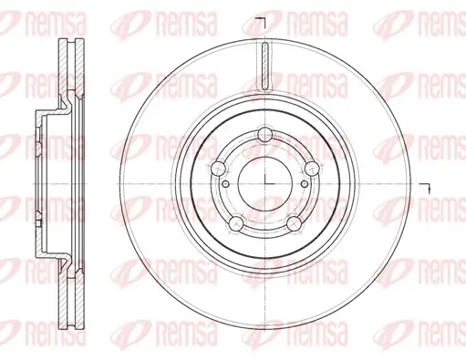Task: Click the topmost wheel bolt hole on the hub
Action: pos(265,135)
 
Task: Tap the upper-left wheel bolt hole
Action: pos(218,168)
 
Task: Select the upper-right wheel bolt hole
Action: pos(312,168)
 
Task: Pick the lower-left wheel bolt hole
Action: pos(236,223)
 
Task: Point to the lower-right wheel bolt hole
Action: pos(295,223)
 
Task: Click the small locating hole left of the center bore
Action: pos(226,184)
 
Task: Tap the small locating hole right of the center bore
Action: pos(305,184)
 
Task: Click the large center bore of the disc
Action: pos(265,184)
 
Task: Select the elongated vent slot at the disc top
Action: pos(265,67)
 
